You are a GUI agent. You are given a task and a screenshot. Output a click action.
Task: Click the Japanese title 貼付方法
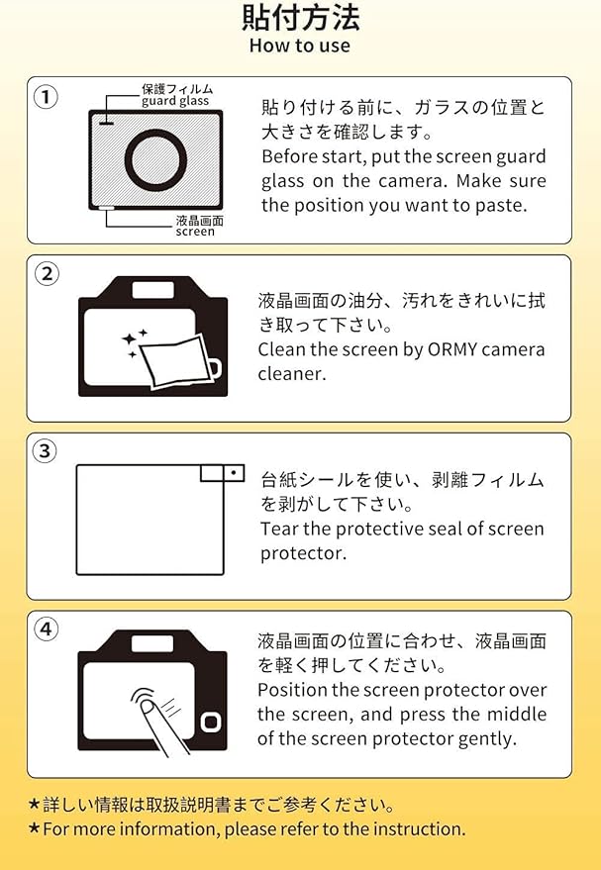[300, 17]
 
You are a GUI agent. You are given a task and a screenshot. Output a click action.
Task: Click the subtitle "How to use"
[300, 46]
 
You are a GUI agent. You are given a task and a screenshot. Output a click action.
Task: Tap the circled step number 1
[47, 98]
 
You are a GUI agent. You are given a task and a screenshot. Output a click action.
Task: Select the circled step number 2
[47, 274]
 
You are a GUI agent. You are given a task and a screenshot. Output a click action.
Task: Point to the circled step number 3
[47, 451]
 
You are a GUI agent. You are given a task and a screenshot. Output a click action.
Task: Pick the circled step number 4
[47, 629]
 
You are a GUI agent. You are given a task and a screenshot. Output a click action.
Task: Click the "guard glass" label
[175, 101]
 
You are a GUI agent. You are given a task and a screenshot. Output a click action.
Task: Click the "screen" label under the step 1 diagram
[195, 232]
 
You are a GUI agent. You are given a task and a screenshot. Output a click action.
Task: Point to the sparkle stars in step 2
[134, 341]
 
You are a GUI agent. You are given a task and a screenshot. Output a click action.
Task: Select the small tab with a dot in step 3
[234, 473]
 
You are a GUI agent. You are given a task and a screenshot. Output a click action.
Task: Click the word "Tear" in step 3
[279, 529]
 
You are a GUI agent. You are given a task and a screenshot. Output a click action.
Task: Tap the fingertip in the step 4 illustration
[149, 707]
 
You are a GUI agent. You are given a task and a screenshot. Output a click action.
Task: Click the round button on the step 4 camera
[211, 723]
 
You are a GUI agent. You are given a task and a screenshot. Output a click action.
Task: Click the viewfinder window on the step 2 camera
[153, 290]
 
